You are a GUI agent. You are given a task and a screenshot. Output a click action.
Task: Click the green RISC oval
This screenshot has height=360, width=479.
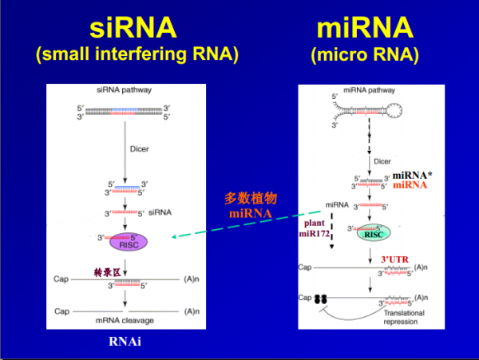(x=374, y=233)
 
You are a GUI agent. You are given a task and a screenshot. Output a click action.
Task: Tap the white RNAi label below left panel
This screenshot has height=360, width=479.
(x=125, y=342)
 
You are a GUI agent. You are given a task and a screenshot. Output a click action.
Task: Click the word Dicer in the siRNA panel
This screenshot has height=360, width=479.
(x=139, y=148)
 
